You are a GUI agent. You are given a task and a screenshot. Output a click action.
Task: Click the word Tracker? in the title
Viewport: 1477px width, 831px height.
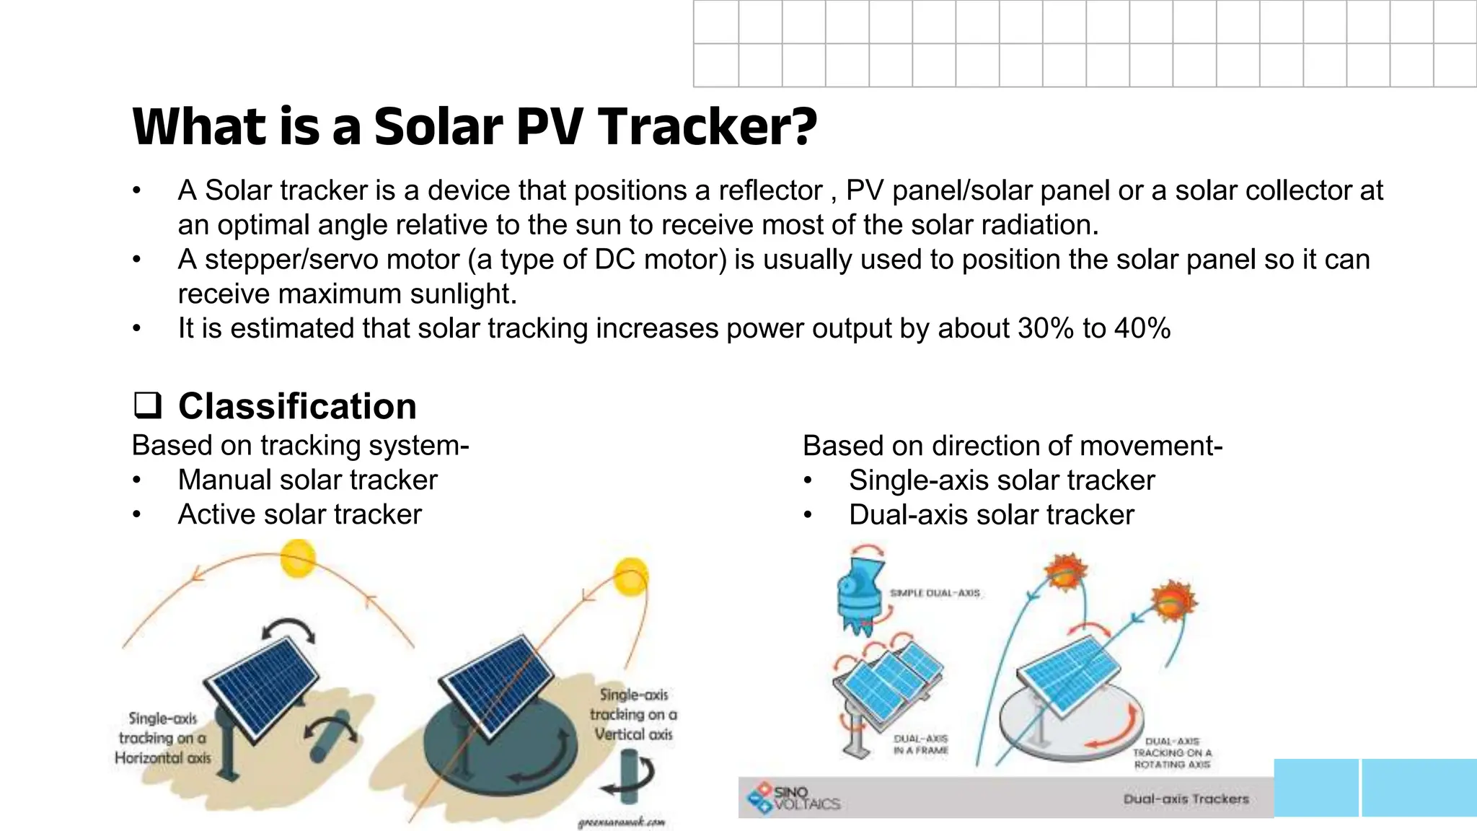click(x=707, y=127)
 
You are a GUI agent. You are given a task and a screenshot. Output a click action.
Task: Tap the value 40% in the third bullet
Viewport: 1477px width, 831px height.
click(x=1142, y=329)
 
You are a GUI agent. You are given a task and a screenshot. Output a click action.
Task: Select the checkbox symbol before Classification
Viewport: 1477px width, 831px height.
click(x=147, y=405)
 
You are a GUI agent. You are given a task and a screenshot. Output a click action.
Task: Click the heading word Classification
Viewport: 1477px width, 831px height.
click(x=297, y=406)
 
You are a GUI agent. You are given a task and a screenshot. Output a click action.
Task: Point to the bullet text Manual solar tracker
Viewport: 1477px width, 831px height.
click(x=307, y=480)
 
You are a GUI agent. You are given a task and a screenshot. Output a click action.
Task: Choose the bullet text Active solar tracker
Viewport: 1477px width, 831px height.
click(x=299, y=515)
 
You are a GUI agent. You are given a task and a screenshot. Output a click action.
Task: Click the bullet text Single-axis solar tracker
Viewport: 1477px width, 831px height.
click(x=1001, y=480)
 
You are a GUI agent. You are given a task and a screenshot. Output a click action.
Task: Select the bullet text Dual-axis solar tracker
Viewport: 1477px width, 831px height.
click(x=991, y=515)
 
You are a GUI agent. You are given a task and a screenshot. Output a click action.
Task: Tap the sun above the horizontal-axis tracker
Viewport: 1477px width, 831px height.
click(x=298, y=559)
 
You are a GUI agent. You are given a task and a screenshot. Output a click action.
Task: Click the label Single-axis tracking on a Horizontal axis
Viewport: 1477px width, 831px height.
click(x=163, y=738)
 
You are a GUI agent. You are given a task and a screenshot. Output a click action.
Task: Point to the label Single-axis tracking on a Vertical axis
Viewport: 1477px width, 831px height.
click(x=633, y=714)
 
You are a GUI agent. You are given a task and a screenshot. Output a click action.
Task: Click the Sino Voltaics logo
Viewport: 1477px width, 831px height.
click(x=793, y=797)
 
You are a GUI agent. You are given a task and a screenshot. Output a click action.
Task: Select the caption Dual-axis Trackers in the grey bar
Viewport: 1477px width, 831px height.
click(x=1186, y=799)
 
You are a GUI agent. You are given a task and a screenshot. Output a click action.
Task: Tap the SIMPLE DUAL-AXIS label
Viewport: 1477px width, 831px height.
click(x=935, y=593)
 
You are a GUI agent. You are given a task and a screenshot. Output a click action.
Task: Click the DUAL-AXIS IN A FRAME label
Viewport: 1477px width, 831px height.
click(x=920, y=744)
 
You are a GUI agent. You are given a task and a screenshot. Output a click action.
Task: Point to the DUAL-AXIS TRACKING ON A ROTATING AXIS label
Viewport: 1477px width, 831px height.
click(x=1172, y=752)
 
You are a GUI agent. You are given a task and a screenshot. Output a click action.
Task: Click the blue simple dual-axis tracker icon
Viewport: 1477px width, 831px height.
click(x=860, y=597)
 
